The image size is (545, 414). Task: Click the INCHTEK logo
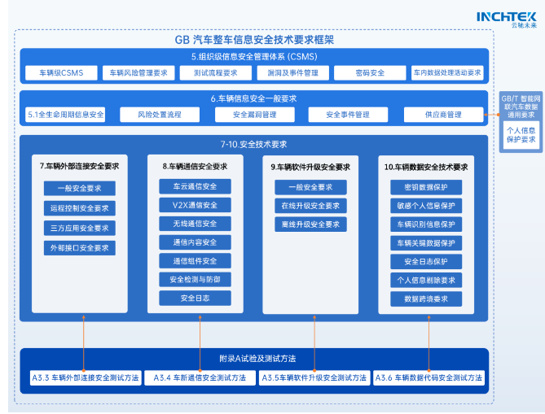click(507, 20)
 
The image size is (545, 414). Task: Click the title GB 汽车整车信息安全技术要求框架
click(254, 40)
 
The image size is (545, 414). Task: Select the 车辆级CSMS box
click(61, 73)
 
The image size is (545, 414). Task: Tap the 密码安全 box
click(370, 73)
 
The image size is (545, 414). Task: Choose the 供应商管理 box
click(443, 115)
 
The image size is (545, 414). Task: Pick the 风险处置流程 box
click(160, 115)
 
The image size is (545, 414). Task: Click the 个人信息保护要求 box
click(521, 135)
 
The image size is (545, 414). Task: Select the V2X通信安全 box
click(195, 205)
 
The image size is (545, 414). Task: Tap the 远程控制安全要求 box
click(80, 208)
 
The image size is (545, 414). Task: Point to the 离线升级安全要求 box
click(310, 224)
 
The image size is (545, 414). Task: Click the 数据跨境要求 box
click(426, 299)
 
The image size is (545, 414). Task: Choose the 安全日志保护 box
click(426, 262)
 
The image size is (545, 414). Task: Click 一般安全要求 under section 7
click(80, 189)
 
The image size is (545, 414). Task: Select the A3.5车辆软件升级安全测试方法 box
click(314, 378)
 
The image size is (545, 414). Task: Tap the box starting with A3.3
click(86, 378)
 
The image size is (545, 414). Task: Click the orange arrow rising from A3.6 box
click(429, 343)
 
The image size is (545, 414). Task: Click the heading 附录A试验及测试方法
click(257, 359)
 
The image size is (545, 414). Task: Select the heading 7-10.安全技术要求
click(253, 144)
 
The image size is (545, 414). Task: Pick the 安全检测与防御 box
click(195, 280)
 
